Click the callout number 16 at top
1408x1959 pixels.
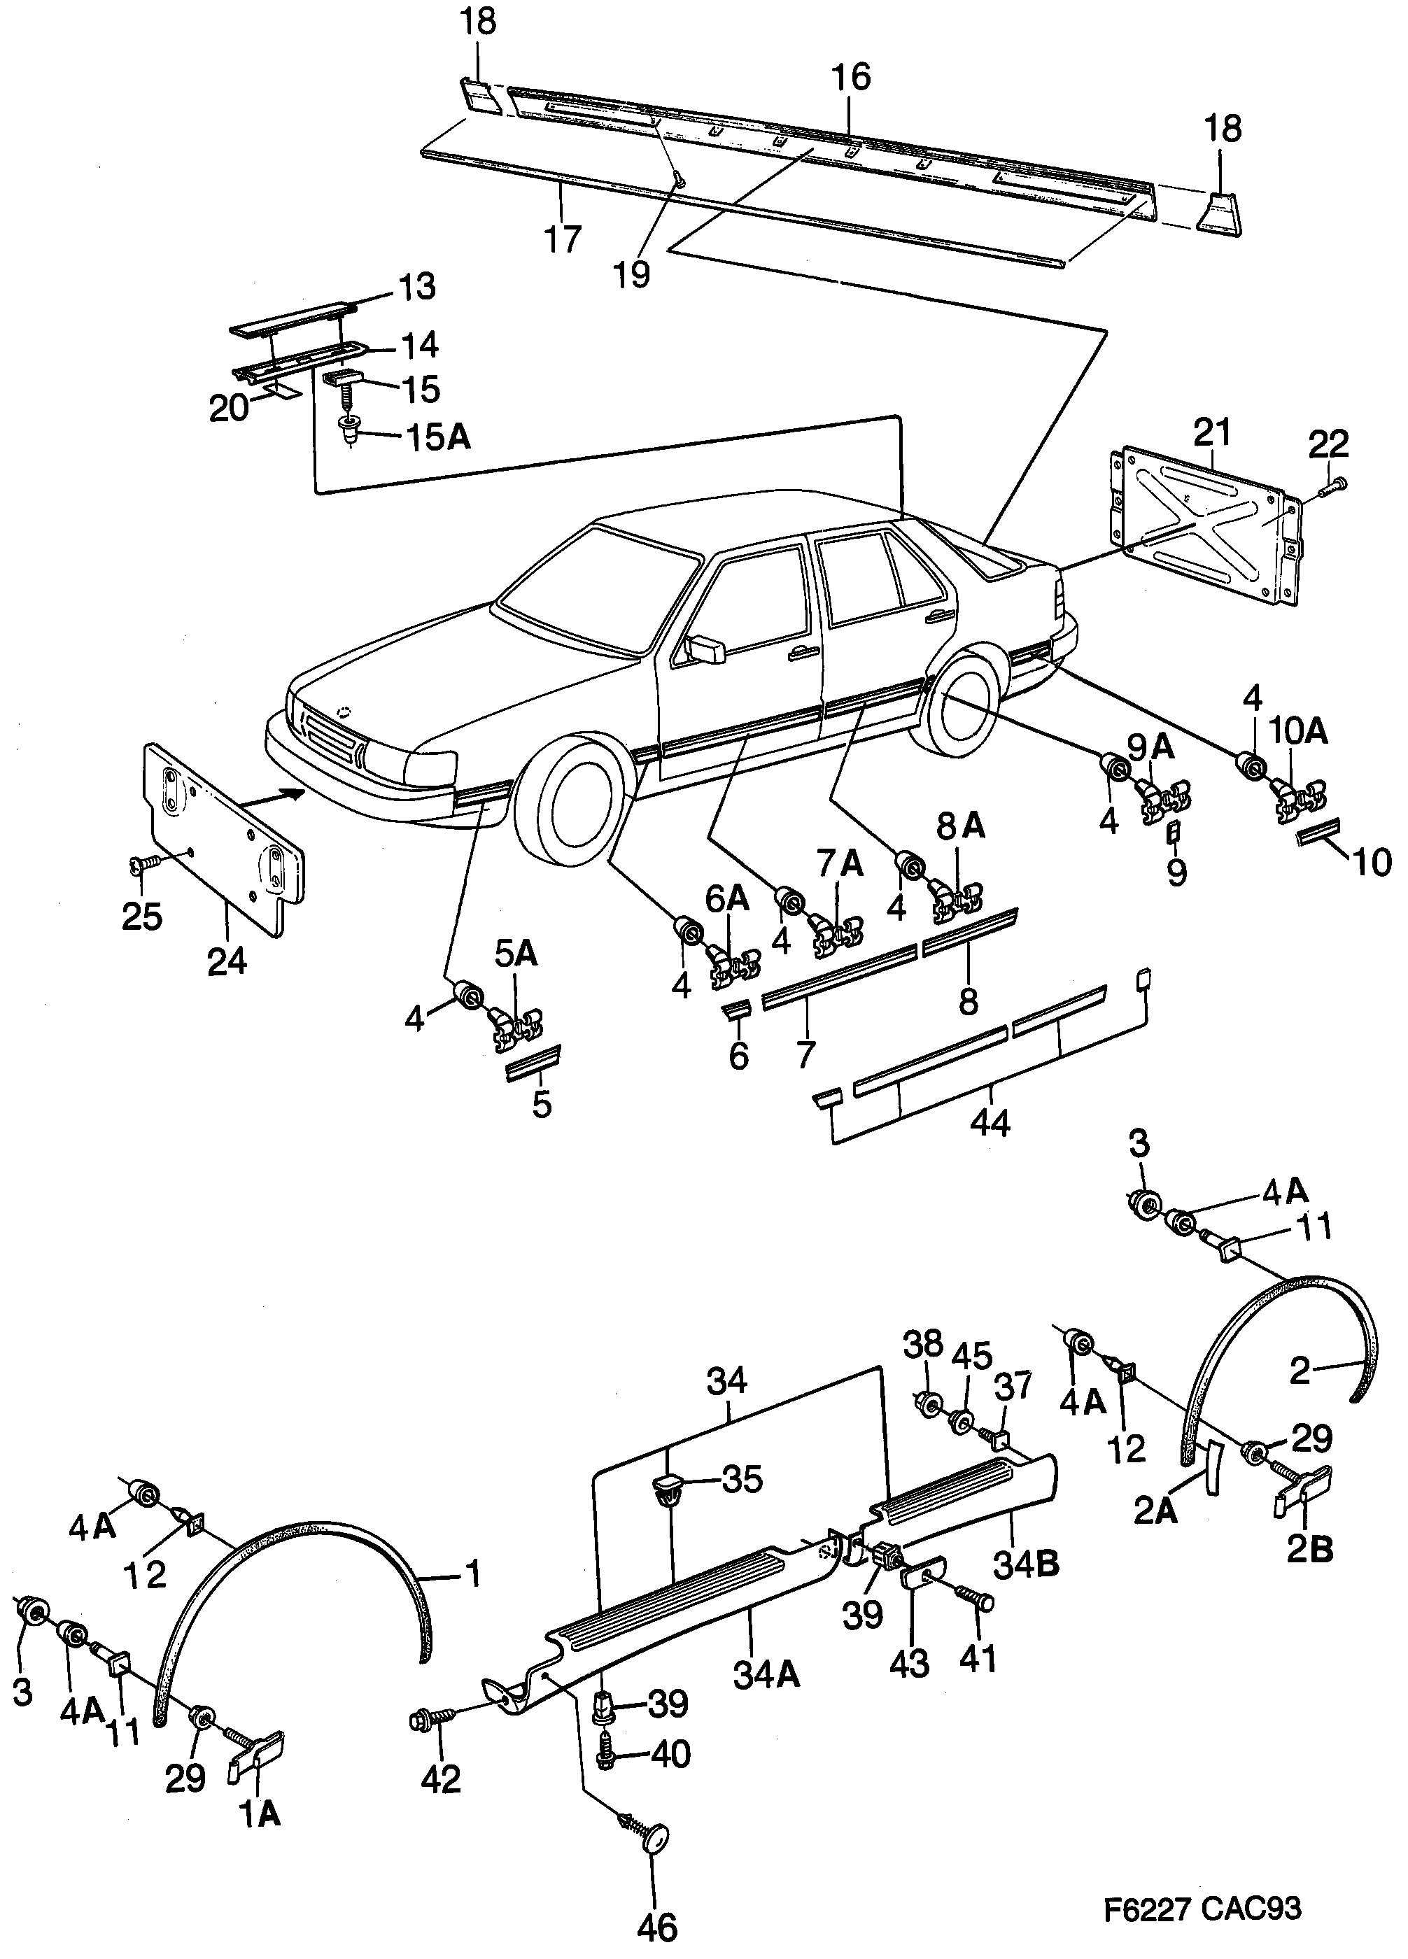point(851,78)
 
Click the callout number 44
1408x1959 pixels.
point(990,1123)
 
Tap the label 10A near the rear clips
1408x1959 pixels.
point(1297,732)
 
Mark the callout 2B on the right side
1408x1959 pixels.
point(1309,1549)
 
